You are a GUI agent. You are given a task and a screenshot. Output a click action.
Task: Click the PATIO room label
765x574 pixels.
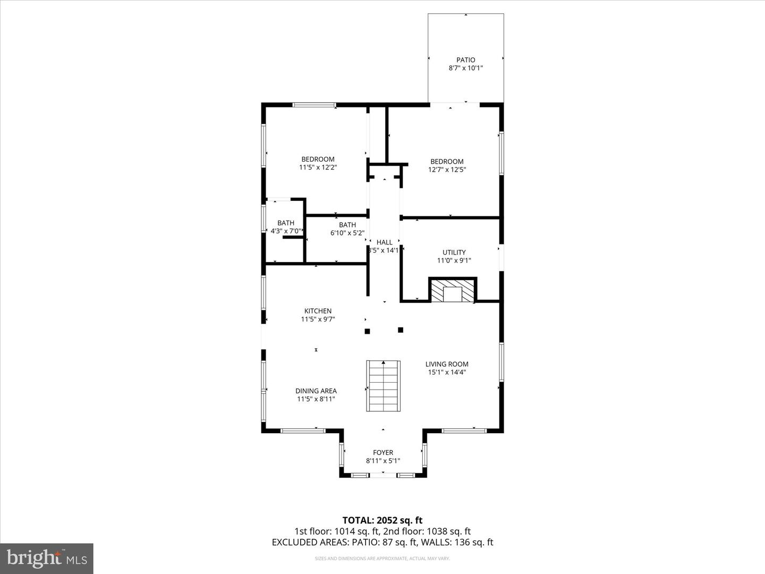click(x=465, y=60)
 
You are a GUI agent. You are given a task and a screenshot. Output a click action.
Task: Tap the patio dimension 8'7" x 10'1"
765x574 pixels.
click(x=465, y=69)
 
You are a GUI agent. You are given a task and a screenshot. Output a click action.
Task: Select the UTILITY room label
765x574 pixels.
click(x=454, y=252)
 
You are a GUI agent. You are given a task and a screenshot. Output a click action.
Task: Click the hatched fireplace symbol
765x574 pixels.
click(x=453, y=291)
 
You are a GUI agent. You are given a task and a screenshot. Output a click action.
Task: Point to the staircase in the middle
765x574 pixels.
click(x=382, y=386)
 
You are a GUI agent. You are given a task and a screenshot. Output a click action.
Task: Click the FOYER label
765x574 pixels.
click(x=382, y=453)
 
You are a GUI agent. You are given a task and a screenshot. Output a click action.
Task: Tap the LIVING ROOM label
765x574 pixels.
click(x=447, y=364)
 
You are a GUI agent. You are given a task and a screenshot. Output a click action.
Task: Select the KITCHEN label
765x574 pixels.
click(x=318, y=311)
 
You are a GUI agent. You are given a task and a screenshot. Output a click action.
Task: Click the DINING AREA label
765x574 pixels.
click(x=317, y=391)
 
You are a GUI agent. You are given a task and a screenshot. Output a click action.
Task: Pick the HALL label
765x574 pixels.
click(x=384, y=242)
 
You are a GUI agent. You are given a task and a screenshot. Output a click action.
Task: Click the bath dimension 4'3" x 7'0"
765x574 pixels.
click(x=286, y=231)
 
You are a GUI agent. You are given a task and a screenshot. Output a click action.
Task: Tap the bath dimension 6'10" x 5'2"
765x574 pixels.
click(x=347, y=233)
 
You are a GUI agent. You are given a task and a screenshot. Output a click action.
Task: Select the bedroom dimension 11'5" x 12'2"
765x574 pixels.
click(x=318, y=167)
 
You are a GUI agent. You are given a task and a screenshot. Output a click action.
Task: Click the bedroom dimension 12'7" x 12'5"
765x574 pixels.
click(x=447, y=170)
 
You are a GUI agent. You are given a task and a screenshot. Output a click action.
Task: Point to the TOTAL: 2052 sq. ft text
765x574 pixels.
click(x=382, y=520)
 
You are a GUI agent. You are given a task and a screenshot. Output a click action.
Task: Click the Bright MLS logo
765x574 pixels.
click(x=47, y=558)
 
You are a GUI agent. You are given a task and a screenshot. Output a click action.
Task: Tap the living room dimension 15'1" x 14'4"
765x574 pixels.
click(x=447, y=373)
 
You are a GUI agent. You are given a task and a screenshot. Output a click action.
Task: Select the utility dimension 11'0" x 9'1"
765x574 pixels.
click(x=454, y=261)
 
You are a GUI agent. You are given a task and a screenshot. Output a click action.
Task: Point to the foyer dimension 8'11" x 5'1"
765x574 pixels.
click(x=382, y=461)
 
